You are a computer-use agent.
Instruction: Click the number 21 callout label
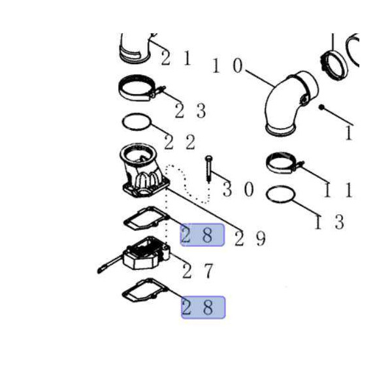tap(176, 58)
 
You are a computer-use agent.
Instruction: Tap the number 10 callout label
tap(227, 66)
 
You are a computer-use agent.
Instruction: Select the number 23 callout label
tap(190, 110)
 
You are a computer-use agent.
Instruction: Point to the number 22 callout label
tap(180, 142)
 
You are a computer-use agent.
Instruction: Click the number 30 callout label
tap(238, 189)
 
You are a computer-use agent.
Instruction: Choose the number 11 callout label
tap(338, 190)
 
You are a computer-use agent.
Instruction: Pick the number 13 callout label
tap(329, 221)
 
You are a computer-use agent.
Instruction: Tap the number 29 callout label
tap(250, 238)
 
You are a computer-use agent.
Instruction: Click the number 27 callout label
tap(198, 270)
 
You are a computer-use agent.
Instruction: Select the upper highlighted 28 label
tap(203, 235)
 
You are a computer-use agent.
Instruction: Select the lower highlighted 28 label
tap(203, 307)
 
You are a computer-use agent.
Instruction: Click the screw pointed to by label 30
tap(208, 169)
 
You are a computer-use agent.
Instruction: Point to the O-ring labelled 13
tap(280, 186)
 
